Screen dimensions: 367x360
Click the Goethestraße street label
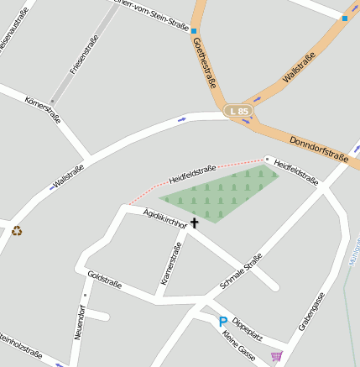coord(205,63)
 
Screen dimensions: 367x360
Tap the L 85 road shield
coord(239,111)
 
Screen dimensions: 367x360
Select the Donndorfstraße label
coord(317,147)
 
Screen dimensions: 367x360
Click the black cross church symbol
coord(195,223)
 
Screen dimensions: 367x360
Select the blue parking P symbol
coord(223,322)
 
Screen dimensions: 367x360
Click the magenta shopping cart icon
coord(276,357)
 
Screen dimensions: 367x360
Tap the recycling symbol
coord(17,230)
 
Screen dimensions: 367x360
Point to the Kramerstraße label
coord(171,264)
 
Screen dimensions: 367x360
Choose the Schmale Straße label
coord(241,271)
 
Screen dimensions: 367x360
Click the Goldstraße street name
coord(105,280)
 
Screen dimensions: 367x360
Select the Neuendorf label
coord(79,322)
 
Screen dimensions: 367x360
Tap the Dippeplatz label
coord(248,329)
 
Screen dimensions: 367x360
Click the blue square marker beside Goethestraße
coord(194,31)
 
